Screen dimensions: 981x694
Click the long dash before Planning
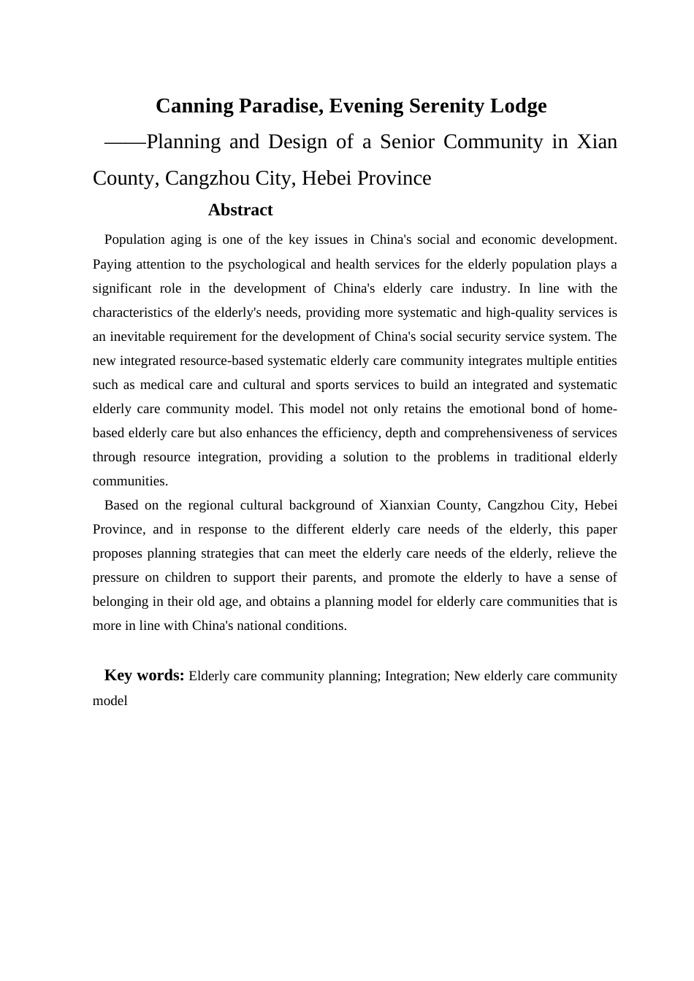(125, 142)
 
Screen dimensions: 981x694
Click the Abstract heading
(240, 210)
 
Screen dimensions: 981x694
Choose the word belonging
(120, 601)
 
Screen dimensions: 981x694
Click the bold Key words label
(144, 675)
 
